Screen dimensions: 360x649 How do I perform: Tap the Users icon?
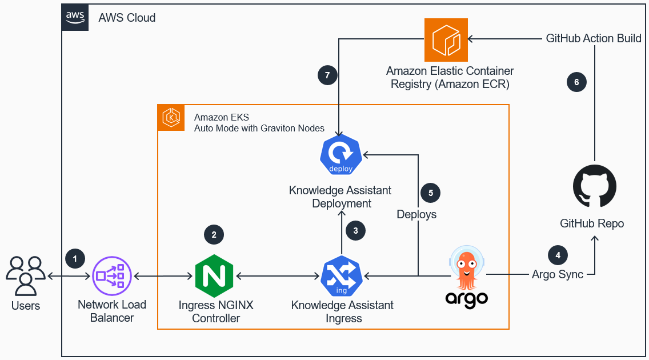(26, 276)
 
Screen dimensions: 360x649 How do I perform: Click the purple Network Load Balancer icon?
(112, 277)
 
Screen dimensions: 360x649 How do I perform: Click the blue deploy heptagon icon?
(340, 154)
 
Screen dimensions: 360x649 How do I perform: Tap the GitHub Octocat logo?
(594, 186)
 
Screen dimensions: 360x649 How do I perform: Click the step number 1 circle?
(75, 258)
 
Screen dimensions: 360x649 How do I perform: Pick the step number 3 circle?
(355, 231)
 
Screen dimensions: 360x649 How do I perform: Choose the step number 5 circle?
(431, 193)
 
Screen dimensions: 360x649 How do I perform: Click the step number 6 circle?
(576, 82)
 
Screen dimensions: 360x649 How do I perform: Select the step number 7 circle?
(327, 75)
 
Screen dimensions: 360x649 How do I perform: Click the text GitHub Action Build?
(594, 39)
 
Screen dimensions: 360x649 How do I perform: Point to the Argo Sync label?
(558, 274)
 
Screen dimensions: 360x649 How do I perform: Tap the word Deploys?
(416, 214)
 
